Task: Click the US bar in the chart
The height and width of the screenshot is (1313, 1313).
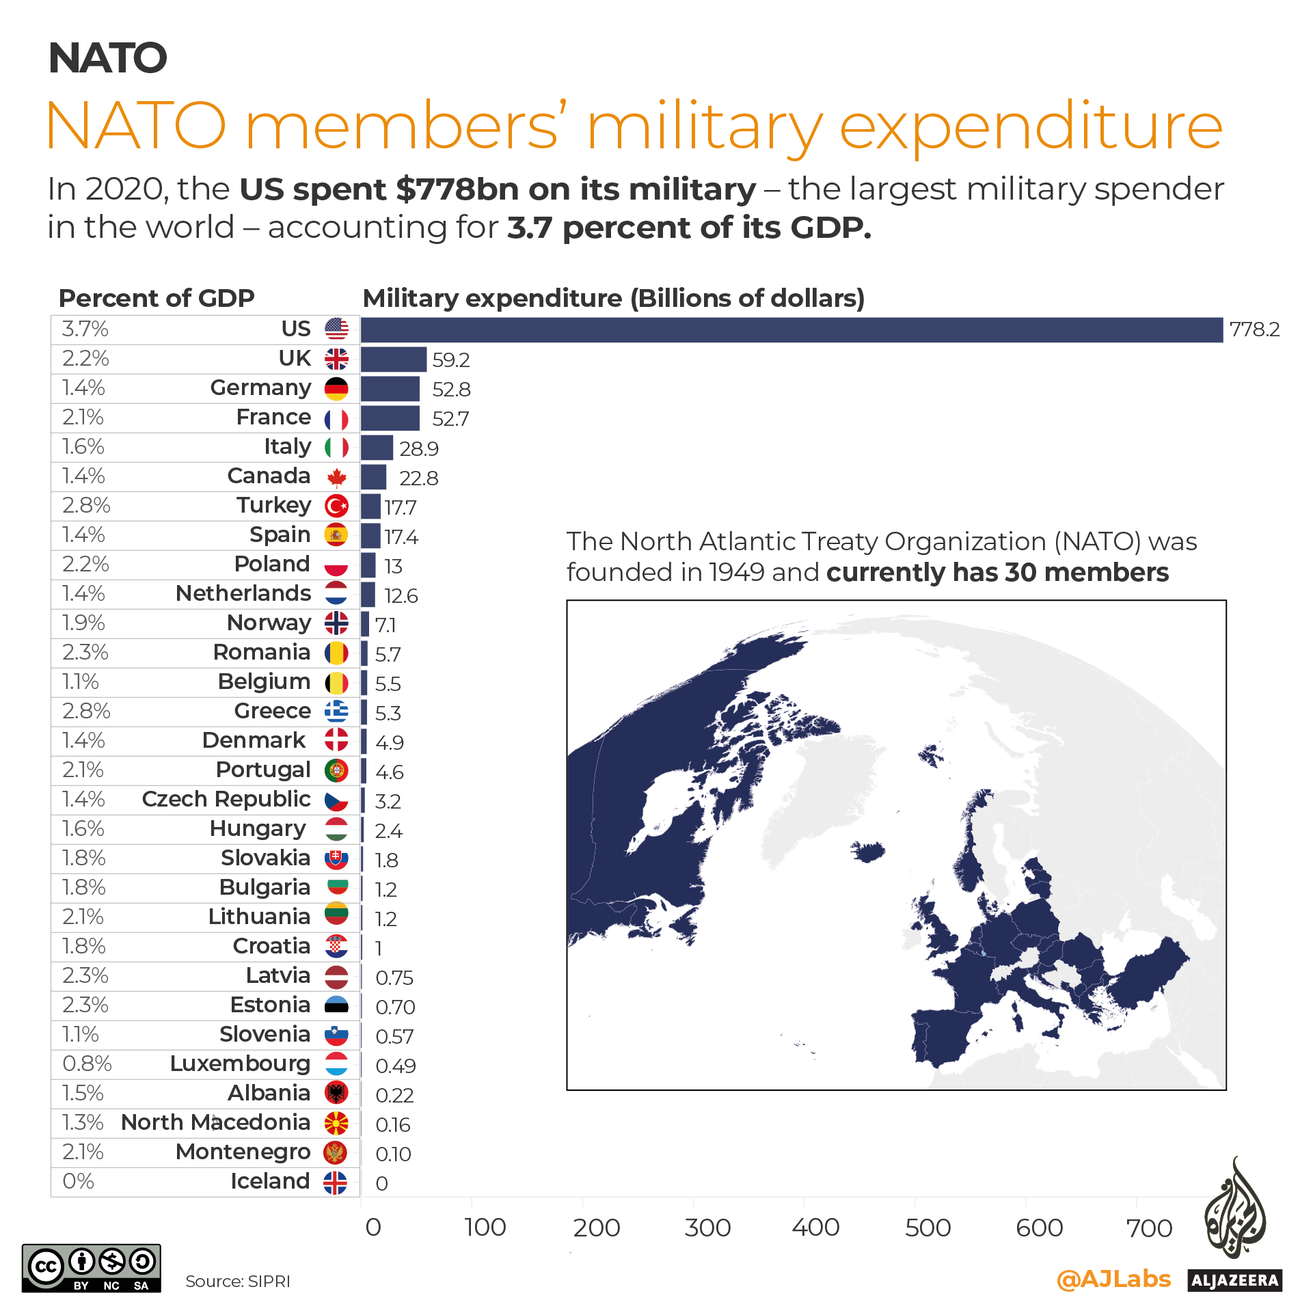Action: pos(791,330)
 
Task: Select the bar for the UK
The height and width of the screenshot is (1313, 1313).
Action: pos(394,360)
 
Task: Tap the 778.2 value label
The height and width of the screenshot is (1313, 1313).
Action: pos(1254,330)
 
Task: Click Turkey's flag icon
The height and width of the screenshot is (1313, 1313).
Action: pos(336,506)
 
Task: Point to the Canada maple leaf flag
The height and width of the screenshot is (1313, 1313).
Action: pos(336,477)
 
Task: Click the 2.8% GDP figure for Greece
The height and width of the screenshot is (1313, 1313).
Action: pos(86,712)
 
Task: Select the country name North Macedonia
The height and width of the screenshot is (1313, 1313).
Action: pos(215,1123)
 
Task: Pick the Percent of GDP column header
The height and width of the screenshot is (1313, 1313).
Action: pos(157,299)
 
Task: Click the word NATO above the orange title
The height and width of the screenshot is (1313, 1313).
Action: pos(108,58)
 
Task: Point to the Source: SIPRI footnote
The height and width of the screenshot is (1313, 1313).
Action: pos(238,1282)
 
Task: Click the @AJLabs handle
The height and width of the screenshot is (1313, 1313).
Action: pos(1113,1279)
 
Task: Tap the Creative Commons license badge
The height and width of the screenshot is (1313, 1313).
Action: pos(92,1269)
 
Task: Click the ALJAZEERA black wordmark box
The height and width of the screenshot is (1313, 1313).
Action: pos(1234,1280)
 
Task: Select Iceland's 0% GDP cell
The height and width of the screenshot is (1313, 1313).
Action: pos(78,1182)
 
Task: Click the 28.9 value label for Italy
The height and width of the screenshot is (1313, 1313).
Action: pos(418,449)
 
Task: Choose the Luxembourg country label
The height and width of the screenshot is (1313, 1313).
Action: pos(240,1064)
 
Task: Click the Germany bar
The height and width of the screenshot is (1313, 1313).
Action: pos(390,389)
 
